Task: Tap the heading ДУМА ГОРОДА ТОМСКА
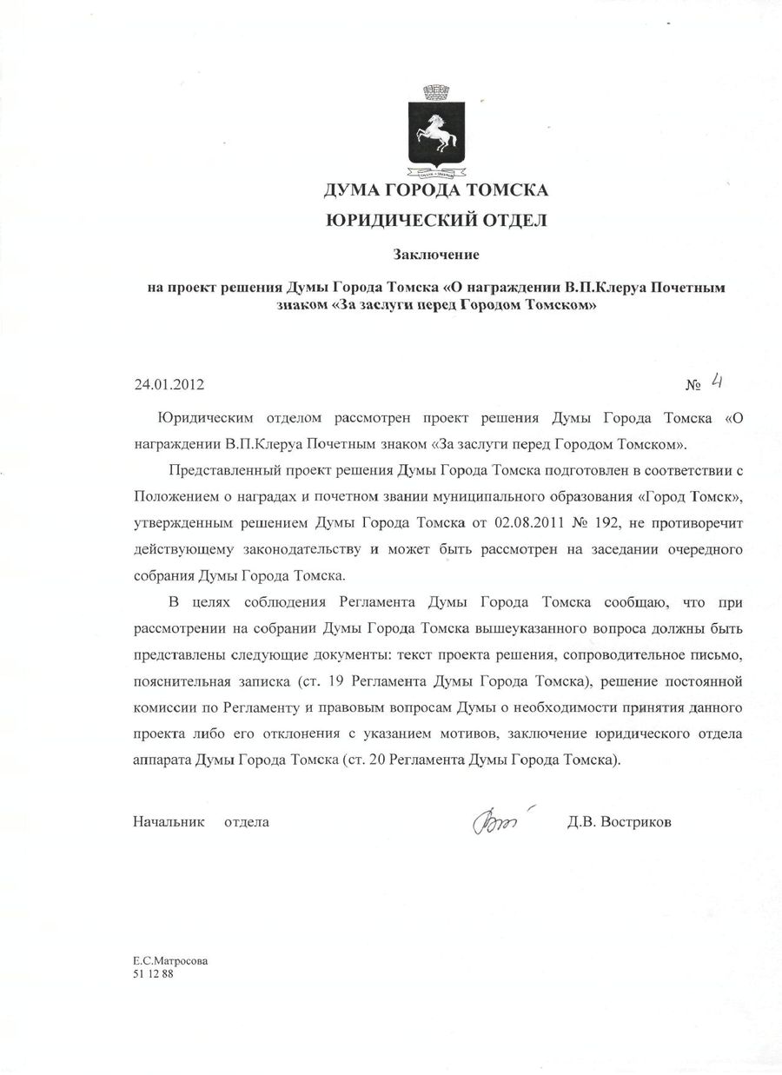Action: (x=435, y=189)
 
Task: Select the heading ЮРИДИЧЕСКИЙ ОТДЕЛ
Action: (x=435, y=221)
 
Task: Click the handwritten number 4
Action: (x=718, y=380)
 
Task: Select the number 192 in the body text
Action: (x=601, y=524)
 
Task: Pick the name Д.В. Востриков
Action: (x=619, y=821)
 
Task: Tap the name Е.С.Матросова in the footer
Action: (x=170, y=961)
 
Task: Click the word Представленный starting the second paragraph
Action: (x=230, y=471)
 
